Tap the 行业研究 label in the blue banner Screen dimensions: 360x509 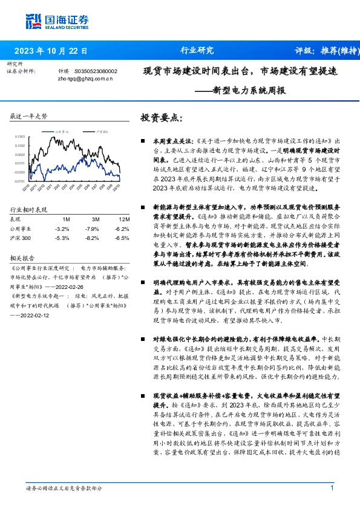point(197,51)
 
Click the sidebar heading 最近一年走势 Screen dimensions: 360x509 point(29,116)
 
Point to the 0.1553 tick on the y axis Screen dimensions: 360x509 point(20,137)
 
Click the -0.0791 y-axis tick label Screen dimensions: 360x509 point(20,181)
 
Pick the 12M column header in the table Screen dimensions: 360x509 point(124,218)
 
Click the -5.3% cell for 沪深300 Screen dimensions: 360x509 point(62,238)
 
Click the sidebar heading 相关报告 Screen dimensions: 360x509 point(22,256)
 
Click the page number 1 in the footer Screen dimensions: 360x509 point(332,488)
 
